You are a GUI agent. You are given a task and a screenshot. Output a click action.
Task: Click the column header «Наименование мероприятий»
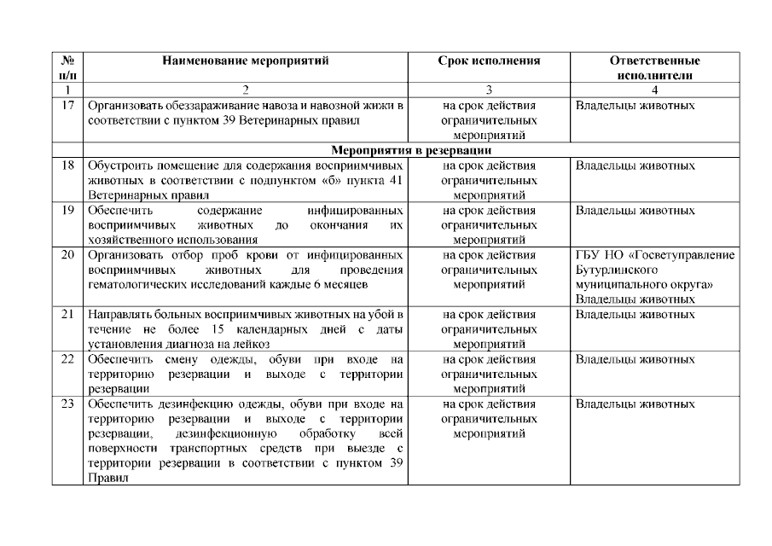[245, 61]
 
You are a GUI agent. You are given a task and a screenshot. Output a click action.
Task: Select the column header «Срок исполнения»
[489, 61]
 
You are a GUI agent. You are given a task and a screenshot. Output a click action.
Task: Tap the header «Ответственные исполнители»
[654, 68]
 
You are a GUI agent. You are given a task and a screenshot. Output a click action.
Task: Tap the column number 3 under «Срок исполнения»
[489, 90]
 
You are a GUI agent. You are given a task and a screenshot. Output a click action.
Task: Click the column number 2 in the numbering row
[245, 90]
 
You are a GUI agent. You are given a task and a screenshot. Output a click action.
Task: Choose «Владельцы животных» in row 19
[636, 210]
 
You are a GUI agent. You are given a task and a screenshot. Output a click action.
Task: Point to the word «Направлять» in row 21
[119, 314]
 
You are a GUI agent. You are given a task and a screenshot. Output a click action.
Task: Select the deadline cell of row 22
[489, 374]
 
